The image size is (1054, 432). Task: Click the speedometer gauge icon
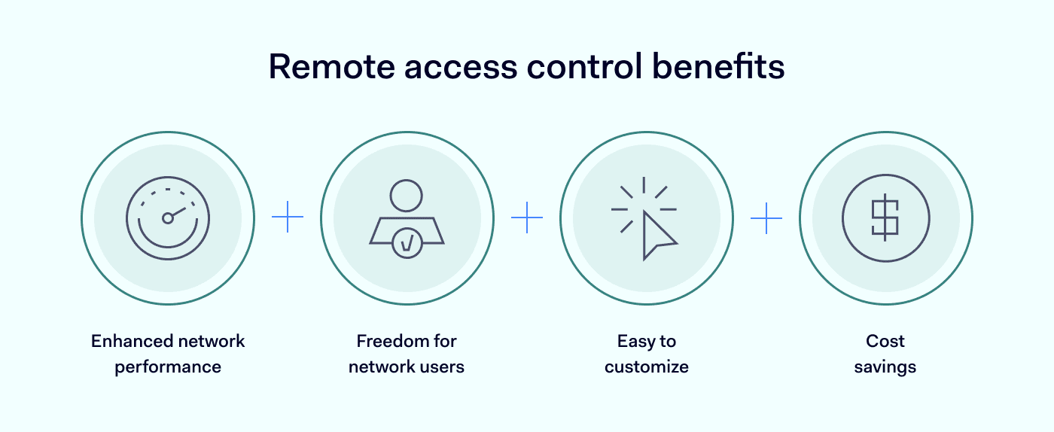click(x=168, y=218)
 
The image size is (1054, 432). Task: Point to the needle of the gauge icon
click(x=177, y=213)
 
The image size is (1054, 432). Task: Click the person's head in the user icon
click(x=407, y=196)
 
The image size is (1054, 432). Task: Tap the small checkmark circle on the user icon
click(x=407, y=243)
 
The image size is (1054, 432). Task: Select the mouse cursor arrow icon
click(x=657, y=235)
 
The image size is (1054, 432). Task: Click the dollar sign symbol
click(x=885, y=218)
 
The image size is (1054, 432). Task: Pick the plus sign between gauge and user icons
click(x=288, y=218)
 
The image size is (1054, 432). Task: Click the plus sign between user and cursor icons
click(x=527, y=218)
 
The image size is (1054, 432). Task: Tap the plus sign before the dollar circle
click(x=766, y=218)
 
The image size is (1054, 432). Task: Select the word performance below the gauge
click(x=168, y=367)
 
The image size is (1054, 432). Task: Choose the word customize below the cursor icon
click(x=647, y=367)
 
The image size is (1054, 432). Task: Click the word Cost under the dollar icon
click(x=885, y=341)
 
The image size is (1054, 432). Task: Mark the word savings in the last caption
click(x=885, y=367)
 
